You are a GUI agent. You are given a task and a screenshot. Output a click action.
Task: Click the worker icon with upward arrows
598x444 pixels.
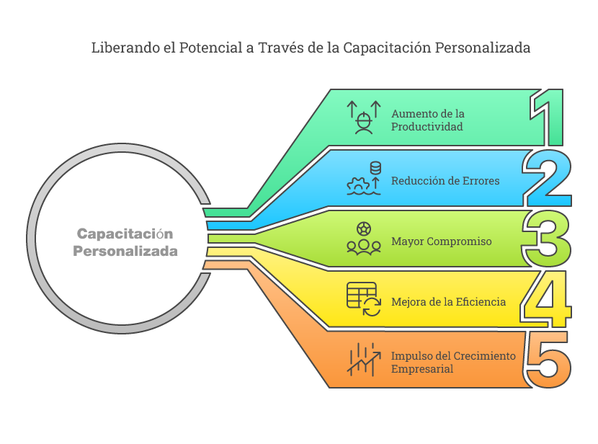point(364,117)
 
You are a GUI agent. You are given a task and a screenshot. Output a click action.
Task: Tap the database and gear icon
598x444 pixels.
point(364,178)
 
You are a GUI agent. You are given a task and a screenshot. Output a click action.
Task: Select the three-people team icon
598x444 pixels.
point(364,239)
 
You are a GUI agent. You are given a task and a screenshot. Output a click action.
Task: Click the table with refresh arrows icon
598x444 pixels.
point(364,299)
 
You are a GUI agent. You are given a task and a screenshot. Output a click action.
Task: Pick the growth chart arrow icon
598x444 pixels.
point(364,360)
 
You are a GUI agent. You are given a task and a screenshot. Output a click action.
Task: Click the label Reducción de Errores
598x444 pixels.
point(445,181)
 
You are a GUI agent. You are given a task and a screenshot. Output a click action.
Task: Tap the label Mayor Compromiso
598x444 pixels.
point(441,241)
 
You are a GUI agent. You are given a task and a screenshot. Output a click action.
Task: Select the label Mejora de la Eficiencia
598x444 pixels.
point(448,302)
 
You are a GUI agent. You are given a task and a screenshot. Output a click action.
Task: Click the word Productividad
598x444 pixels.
point(427,127)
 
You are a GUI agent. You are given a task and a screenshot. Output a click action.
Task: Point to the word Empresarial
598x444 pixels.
point(422,369)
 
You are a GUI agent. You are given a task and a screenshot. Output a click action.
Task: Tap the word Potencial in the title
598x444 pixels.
point(210,48)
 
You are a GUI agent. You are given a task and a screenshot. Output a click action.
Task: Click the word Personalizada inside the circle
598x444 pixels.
point(125,252)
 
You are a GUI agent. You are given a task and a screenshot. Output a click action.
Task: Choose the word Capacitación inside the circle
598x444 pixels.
point(125,234)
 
